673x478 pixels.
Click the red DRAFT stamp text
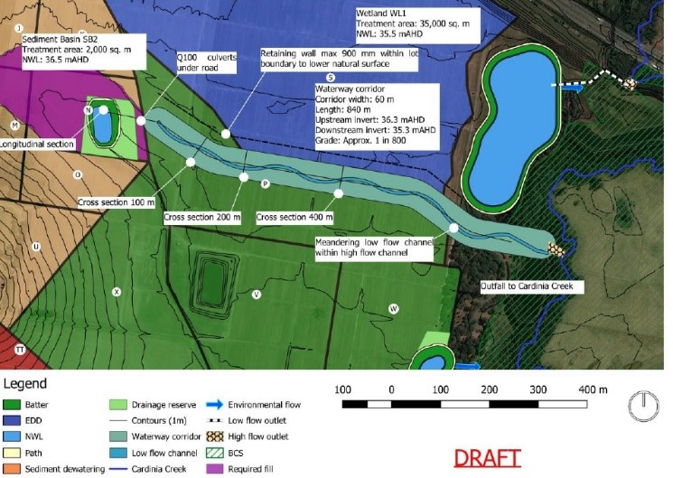pos(488,457)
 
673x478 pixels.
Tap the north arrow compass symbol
pos(641,404)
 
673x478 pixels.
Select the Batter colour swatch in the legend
pos(14,405)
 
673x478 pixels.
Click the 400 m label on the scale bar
pos(592,389)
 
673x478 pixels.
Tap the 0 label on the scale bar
pos(391,389)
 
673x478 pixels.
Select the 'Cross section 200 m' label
pos(202,218)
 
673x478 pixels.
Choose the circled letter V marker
pos(257,295)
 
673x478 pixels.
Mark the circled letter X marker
pos(116,292)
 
